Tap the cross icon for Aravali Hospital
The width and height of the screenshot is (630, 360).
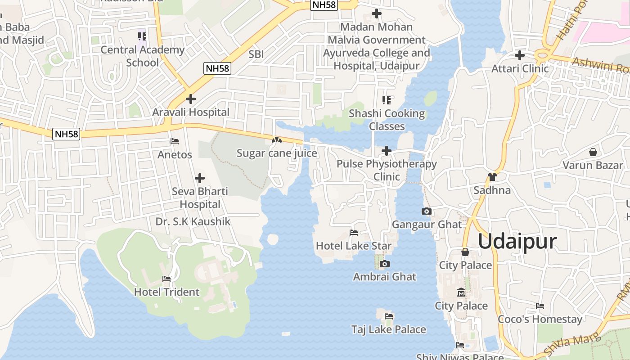pyautogui.click(x=191, y=99)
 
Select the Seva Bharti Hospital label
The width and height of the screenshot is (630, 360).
pyautogui.click(x=200, y=198)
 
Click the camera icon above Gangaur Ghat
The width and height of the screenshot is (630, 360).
pyautogui.click(x=426, y=211)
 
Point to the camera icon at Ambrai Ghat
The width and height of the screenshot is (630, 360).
pyautogui.click(x=384, y=264)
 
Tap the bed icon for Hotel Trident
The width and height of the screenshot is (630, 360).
pyautogui.click(x=166, y=279)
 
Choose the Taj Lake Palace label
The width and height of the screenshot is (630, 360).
pyautogui.click(x=388, y=329)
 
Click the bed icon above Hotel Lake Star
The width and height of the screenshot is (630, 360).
pyautogui.click(x=354, y=233)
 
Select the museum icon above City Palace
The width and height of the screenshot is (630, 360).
pyautogui.click(x=461, y=292)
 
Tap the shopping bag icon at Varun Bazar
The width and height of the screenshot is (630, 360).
pyautogui.click(x=593, y=152)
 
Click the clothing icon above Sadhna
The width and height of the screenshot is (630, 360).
pyautogui.click(x=492, y=177)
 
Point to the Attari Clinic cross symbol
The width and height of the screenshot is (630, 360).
pyautogui.click(x=520, y=55)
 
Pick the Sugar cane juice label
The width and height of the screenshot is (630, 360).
pyautogui.click(x=277, y=153)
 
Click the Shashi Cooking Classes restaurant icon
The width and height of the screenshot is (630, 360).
pyautogui.click(x=387, y=100)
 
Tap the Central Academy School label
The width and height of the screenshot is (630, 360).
pyautogui.click(x=142, y=56)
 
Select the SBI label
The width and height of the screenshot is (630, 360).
pyautogui.click(x=256, y=54)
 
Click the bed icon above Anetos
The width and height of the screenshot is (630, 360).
pyautogui.click(x=175, y=141)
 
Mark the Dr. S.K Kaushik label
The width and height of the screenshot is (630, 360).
pyautogui.click(x=193, y=221)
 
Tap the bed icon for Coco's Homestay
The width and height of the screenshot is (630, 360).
pyautogui.click(x=540, y=306)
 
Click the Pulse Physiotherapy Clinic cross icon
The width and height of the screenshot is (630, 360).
pyautogui.click(x=387, y=151)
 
